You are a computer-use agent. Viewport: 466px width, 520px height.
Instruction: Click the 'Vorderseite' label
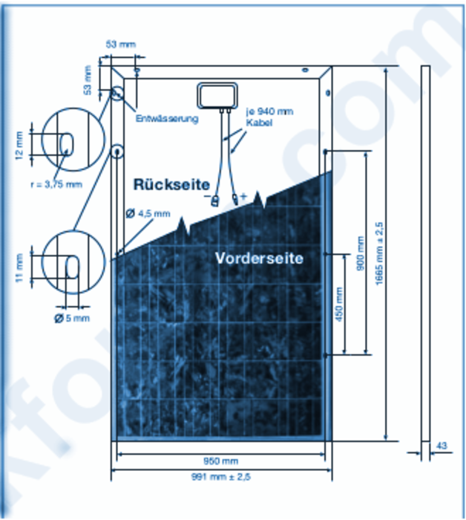point(260,258)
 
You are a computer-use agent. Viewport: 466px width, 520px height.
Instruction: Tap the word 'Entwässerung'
point(166,119)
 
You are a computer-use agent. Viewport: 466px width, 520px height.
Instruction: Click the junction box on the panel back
point(217,95)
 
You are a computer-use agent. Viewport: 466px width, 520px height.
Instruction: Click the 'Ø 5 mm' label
point(70,318)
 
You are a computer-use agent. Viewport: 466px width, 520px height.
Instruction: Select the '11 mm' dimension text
point(20,267)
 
